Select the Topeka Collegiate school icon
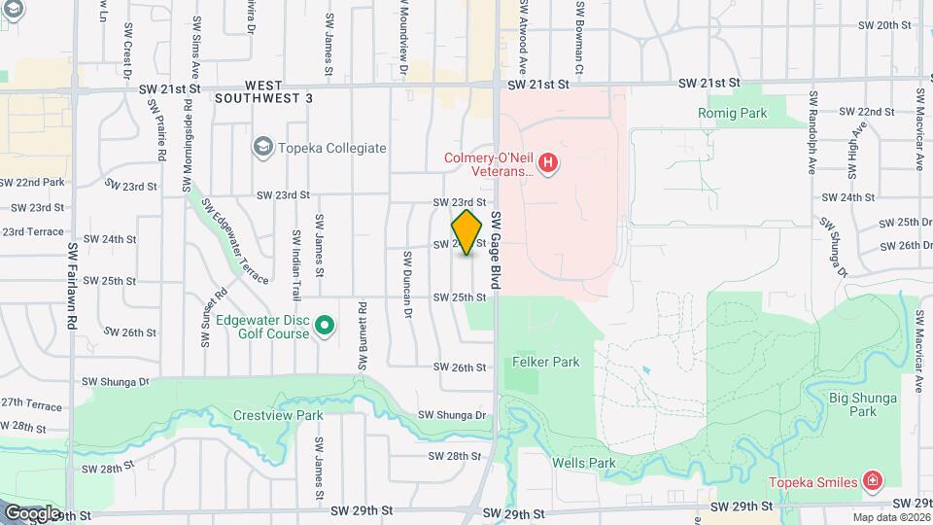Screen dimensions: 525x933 pos(261,148)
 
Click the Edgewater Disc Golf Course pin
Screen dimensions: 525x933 pos(326,325)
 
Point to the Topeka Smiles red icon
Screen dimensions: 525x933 pos(872,481)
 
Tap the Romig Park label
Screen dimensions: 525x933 pos(732,114)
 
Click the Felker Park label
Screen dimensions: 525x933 pos(545,362)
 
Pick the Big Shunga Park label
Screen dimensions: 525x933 pos(852,403)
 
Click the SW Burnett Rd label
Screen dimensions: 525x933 pos(361,334)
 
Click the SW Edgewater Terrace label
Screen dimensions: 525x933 pos(235,243)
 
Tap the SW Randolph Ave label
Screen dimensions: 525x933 pos(810,132)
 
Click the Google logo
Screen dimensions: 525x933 pos(32,512)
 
